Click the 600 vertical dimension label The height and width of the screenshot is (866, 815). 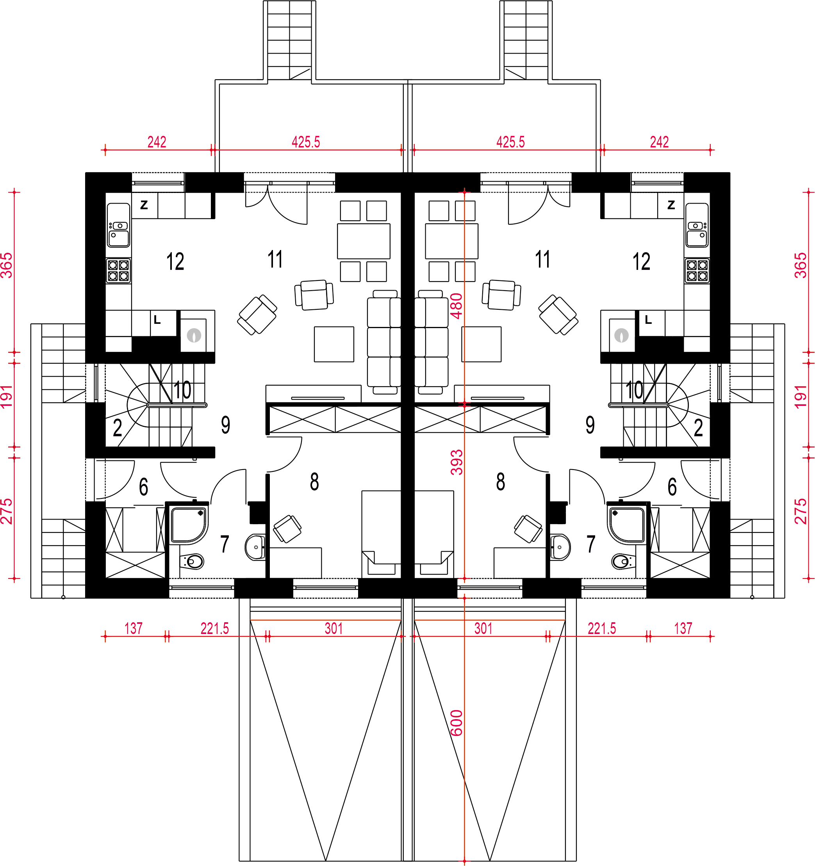457,723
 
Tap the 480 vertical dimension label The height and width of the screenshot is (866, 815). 457,306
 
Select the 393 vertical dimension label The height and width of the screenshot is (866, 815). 457,462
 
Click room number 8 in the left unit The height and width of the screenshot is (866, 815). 314,482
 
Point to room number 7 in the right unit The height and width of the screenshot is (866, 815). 591,544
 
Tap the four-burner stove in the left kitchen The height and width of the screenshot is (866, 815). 118,271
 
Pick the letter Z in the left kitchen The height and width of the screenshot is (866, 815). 144,205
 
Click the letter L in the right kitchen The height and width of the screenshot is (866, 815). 648,320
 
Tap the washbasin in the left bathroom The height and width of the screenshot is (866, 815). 255,547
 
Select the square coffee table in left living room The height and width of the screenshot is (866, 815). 334,344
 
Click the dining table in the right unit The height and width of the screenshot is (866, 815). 452,241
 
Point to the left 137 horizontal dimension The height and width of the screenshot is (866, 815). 133,629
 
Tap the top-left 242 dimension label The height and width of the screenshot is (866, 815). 157,142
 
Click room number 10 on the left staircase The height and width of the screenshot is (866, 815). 182,390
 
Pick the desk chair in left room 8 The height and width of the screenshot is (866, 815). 287,529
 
